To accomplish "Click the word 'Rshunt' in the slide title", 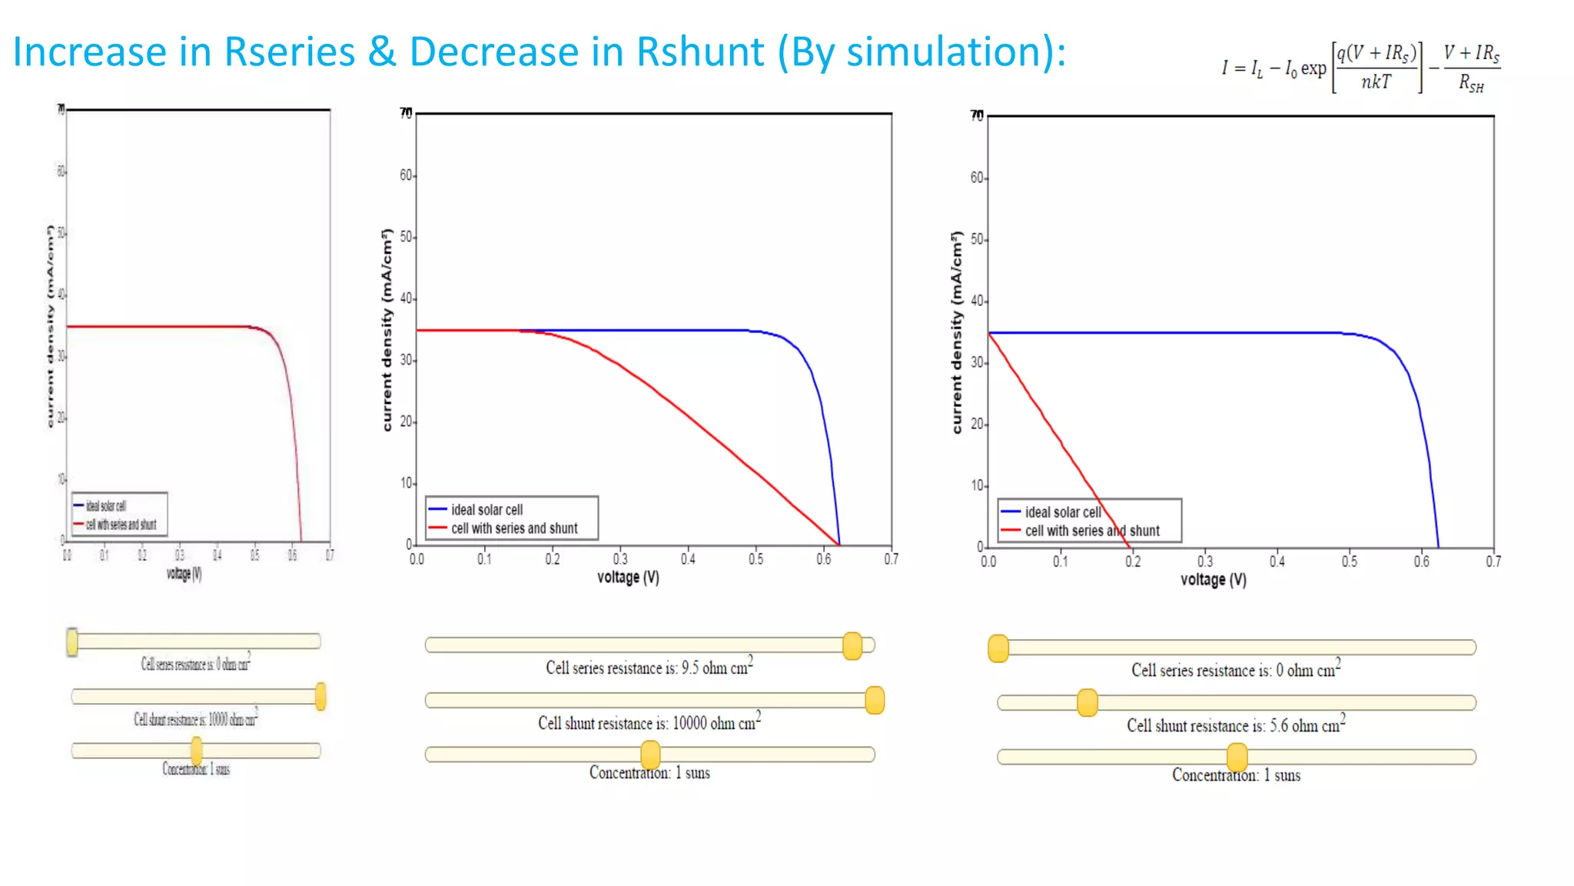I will [x=699, y=52].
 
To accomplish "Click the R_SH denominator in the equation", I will [x=1471, y=82].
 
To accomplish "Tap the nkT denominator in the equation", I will [x=1376, y=82].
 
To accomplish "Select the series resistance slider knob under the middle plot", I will [x=852, y=645].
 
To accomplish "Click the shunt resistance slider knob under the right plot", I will [x=1087, y=702].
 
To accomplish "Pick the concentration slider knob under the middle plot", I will [x=650, y=754].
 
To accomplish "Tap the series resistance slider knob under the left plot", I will [x=72, y=641].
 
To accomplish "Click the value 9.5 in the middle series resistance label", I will [x=689, y=668].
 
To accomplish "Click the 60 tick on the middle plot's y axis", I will [x=407, y=175].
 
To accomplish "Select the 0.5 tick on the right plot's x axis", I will [x=1349, y=561].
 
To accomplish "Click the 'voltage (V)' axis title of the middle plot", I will [x=628, y=578].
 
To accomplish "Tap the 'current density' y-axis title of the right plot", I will [x=957, y=332].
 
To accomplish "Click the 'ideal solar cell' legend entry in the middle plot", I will [x=486, y=510].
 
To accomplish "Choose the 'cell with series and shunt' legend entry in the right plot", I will [x=1091, y=531].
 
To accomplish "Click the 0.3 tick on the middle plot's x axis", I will [x=619, y=559].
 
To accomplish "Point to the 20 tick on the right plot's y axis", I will [x=977, y=425].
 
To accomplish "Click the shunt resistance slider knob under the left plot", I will [x=320, y=696].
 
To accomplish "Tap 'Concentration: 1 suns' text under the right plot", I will [x=1236, y=775].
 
